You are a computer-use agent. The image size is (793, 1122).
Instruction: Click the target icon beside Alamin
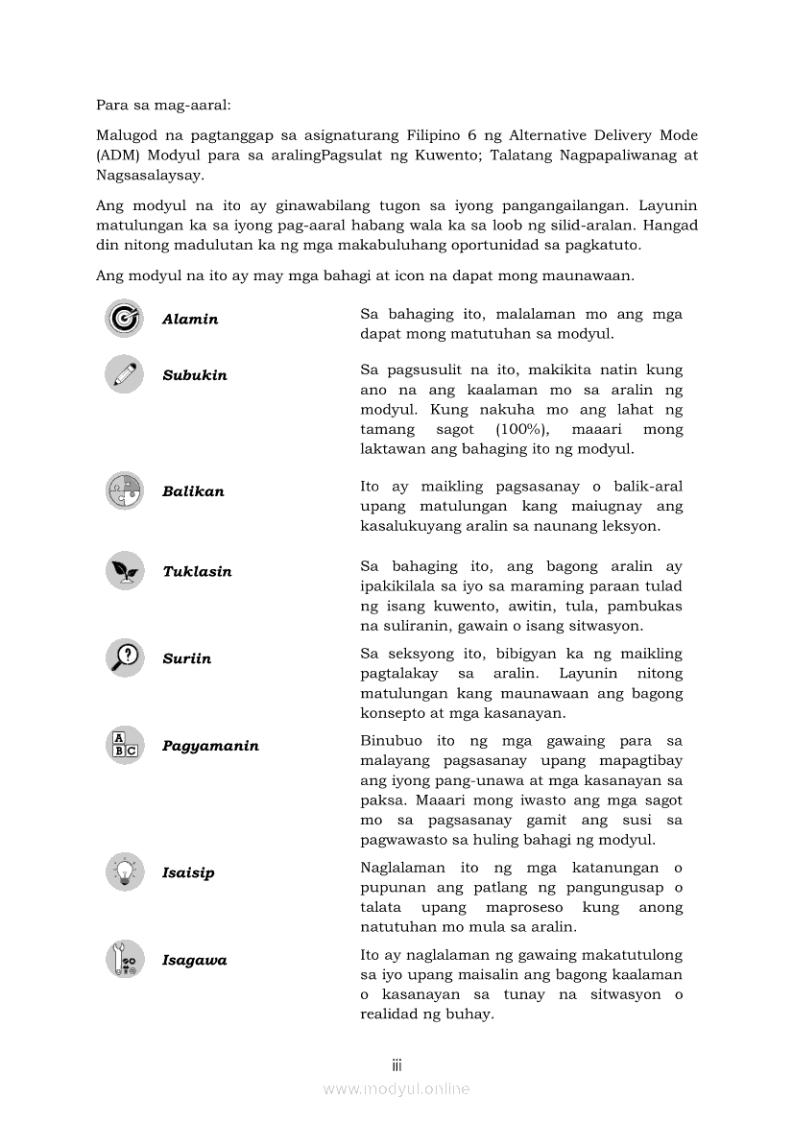tap(124, 319)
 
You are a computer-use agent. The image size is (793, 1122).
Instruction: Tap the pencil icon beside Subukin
tap(124, 374)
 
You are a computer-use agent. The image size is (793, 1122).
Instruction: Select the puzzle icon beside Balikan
tap(124, 490)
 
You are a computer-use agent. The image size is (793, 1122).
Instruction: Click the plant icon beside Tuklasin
tap(124, 571)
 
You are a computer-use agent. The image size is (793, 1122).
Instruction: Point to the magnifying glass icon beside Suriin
tap(124, 657)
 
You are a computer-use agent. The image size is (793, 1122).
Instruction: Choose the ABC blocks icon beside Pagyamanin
tap(124, 745)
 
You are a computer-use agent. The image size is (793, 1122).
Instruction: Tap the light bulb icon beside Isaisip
tap(124, 871)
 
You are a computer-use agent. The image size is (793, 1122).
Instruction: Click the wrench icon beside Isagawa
tap(124, 959)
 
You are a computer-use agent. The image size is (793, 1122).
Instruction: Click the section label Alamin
tap(190, 320)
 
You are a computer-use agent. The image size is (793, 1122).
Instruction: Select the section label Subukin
tap(195, 375)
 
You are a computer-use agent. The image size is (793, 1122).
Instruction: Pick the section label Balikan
tap(193, 491)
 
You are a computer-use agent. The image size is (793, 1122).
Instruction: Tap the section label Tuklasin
tap(197, 572)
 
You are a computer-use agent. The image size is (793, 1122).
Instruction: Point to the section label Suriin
tap(186, 659)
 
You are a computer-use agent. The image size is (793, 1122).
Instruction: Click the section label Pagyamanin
tap(210, 746)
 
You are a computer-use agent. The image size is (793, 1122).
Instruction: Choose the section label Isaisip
tap(188, 873)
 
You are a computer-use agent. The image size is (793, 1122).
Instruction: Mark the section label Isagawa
tap(194, 961)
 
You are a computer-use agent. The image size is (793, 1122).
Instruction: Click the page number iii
tap(396, 1065)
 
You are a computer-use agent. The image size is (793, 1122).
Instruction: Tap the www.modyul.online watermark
tap(396, 1088)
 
